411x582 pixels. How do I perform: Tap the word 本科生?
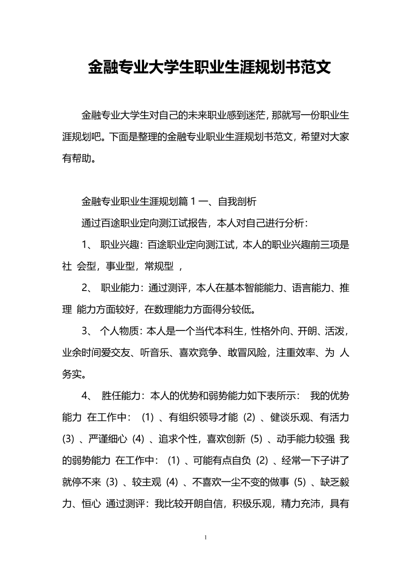(x=234, y=332)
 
